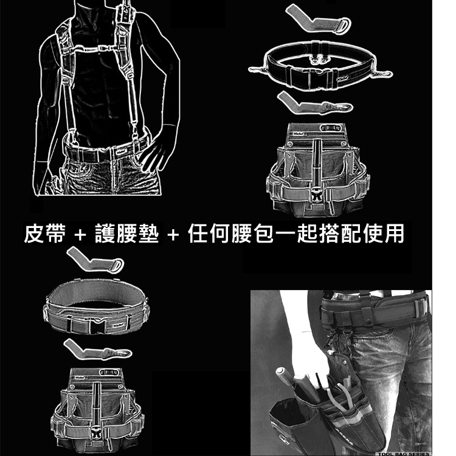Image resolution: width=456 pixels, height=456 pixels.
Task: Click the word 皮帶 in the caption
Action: coord(44,233)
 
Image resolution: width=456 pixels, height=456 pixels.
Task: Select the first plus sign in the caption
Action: coord(78,235)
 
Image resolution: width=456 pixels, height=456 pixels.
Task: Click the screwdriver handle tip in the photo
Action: coord(281,371)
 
